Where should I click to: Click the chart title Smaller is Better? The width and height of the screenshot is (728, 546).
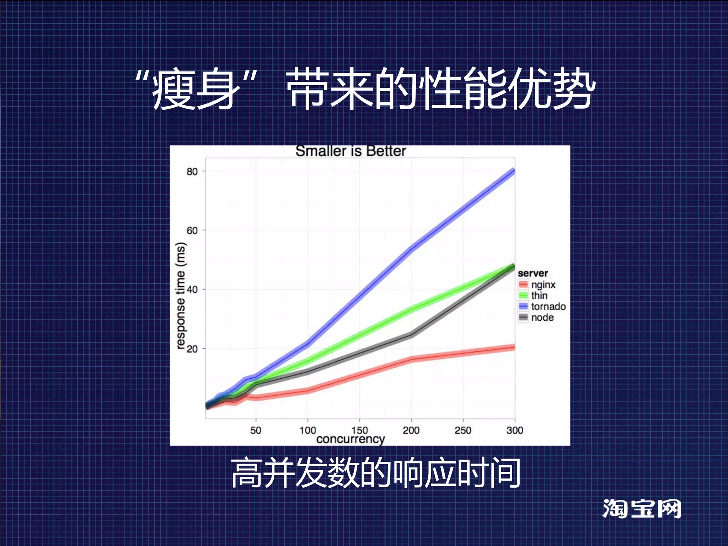[350, 151]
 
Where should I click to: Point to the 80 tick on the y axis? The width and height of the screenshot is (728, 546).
[192, 171]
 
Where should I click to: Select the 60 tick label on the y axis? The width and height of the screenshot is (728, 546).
[192, 230]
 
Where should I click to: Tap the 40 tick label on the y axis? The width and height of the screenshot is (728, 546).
[192, 289]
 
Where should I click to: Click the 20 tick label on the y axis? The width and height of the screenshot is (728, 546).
[192, 349]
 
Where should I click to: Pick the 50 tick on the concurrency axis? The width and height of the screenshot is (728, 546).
[256, 430]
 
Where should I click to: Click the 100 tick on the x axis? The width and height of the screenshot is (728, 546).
[307, 430]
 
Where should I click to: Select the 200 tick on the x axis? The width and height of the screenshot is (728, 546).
[411, 430]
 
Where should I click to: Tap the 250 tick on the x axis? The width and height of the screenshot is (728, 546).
[463, 430]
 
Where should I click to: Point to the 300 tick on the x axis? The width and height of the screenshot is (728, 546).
[514, 430]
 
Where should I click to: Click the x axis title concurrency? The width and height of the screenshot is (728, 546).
[350, 439]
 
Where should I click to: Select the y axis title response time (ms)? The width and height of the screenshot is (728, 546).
[181, 296]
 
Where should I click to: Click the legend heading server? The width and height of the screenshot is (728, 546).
[532, 273]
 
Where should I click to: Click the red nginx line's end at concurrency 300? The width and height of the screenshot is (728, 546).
[513, 347]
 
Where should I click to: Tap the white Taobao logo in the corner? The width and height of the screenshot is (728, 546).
[642, 509]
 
